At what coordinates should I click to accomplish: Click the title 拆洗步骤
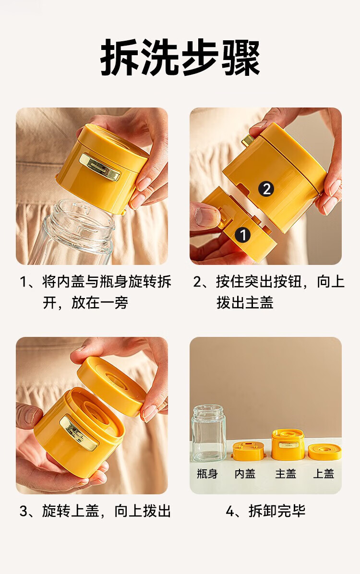click(180, 58)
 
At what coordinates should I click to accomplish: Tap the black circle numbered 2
click(266, 189)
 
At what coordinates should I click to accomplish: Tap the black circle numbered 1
click(243, 235)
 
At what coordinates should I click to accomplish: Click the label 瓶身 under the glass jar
click(207, 474)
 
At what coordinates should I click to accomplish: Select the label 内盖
click(245, 474)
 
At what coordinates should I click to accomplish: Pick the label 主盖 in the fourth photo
click(286, 474)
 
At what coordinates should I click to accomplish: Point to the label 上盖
click(324, 474)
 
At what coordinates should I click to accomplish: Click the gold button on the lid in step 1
click(100, 167)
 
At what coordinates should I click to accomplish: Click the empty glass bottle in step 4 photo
click(209, 433)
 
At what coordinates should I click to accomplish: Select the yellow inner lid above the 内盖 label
click(248, 451)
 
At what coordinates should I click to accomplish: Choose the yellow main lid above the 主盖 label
click(288, 444)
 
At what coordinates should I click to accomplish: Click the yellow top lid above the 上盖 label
click(324, 452)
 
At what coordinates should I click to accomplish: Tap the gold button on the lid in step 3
click(79, 433)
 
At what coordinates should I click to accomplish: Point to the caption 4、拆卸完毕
click(265, 511)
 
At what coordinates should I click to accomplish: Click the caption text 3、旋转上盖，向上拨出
click(95, 511)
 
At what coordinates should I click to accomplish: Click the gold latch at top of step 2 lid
click(249, 140)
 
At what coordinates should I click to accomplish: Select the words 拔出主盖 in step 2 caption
click(245, 303)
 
